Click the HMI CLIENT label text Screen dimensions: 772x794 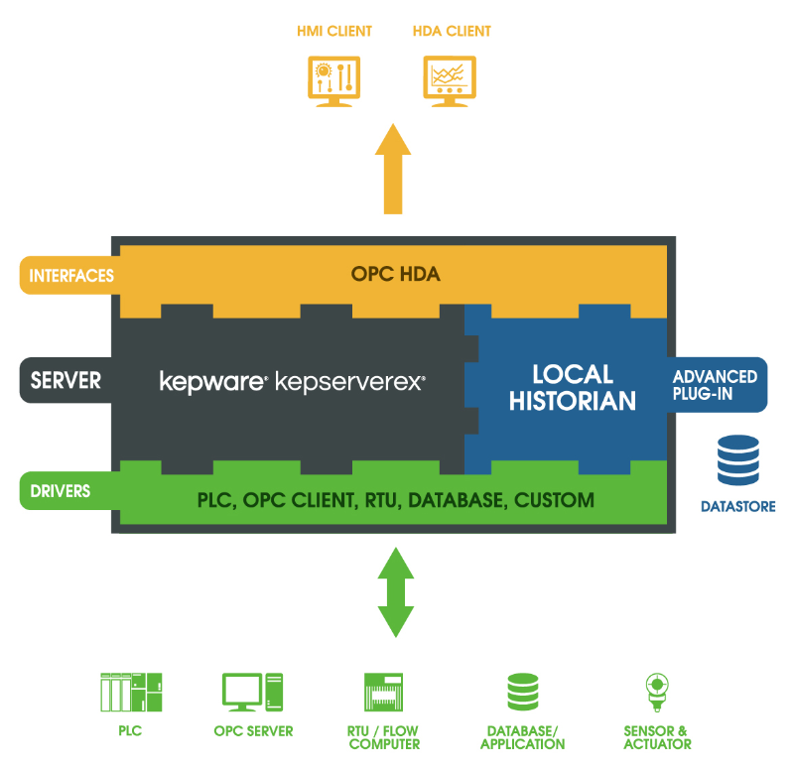click(x=334, y=31)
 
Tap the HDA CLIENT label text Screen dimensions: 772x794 click(x=452, y=31)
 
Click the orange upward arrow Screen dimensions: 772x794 click(x=394, y=169)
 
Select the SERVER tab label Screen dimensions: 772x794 click(x=66, y=380)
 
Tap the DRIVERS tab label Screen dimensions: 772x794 click(x=62, y=490)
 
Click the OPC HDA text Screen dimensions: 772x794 click(x=395, y=275)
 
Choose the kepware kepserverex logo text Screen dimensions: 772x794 click(x=293, y=381)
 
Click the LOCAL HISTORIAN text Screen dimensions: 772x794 click(x=573, y=388)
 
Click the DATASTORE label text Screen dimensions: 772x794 click(x=737, y=507)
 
